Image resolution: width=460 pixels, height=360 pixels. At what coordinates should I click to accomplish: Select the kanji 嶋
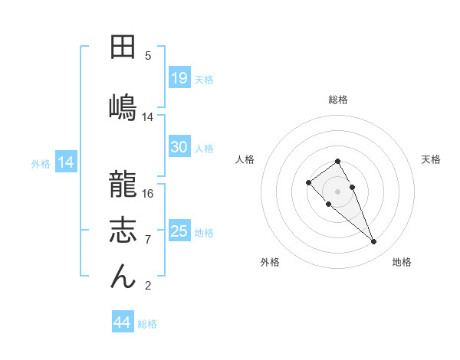click(x=123, y=105)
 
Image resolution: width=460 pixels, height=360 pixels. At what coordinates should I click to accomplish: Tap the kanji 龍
click(x=123, y=185)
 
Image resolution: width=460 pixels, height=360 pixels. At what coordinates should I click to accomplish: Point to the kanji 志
click(x=123, y=230)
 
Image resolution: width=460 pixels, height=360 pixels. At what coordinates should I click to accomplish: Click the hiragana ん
click(x=123, y=276)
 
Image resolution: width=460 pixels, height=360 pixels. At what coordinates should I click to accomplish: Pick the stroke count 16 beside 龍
click(x=148, y=194)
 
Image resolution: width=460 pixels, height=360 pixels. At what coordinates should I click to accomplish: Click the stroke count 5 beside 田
click(x=148, y=56)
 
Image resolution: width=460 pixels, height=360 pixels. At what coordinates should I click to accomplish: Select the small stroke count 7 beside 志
click(x=148, y=240)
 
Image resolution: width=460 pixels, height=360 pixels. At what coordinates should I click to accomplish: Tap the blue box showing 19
click(x=179, y=77)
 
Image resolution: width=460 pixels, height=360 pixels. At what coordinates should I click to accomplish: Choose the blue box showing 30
click(x=179, y=147)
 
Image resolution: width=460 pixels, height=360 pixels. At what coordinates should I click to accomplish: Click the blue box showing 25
click(x=179, y=231)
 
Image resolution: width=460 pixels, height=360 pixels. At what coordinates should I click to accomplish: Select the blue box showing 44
click(x=122, y=322)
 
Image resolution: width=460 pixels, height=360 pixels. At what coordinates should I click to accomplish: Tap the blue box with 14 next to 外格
click(x=65, y=162)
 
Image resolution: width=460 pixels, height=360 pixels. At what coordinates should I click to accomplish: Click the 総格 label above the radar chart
click(x=337, y=100)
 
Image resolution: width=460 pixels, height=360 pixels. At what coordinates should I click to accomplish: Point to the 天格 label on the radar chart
click(x=431, y=159)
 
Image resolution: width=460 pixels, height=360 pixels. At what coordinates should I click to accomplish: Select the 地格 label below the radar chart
click(x=402, y=262)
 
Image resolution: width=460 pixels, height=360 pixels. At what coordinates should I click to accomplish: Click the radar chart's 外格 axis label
click(x=270, y=262)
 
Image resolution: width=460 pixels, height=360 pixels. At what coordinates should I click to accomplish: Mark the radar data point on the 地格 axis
click(x=374, y=242)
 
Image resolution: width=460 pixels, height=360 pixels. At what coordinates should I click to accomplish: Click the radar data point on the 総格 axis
click(x=337, y=161)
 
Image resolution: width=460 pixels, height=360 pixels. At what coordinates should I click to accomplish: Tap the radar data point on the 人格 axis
click(x=308, y=182)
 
